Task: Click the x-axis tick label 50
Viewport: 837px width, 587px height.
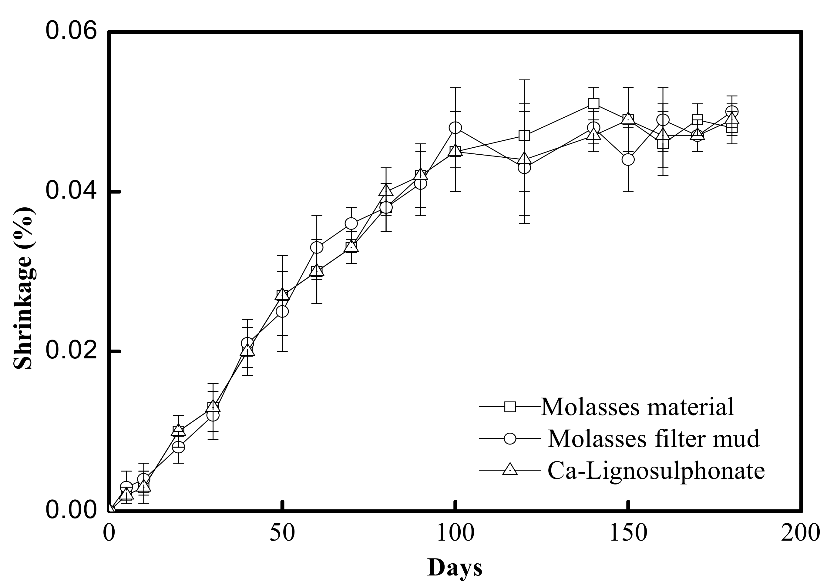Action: click(x=282, y=533)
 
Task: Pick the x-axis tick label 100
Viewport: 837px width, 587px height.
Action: click(x=455, y=533)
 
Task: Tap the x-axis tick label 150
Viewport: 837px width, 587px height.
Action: click(x=628, y=533)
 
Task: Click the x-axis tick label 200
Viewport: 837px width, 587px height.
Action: click(x=800, y=533)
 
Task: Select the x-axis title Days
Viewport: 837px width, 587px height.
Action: click(x=455, y=567)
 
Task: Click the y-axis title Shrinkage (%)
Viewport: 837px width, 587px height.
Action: click(x=24, y=288)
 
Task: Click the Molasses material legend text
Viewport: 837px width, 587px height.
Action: click(x=637, y=407)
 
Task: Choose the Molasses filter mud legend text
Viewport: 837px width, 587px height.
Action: click(x=654, y=438)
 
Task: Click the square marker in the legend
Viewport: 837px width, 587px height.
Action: click(x=510, y=406)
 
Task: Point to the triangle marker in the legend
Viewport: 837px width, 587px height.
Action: click(x=510, y=469)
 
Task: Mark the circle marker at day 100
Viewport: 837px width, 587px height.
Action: click(x=455, y=128)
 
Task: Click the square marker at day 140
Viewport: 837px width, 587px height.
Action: click(x=593, y=104)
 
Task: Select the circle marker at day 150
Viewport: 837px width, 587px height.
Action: click(x=628, y=159)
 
